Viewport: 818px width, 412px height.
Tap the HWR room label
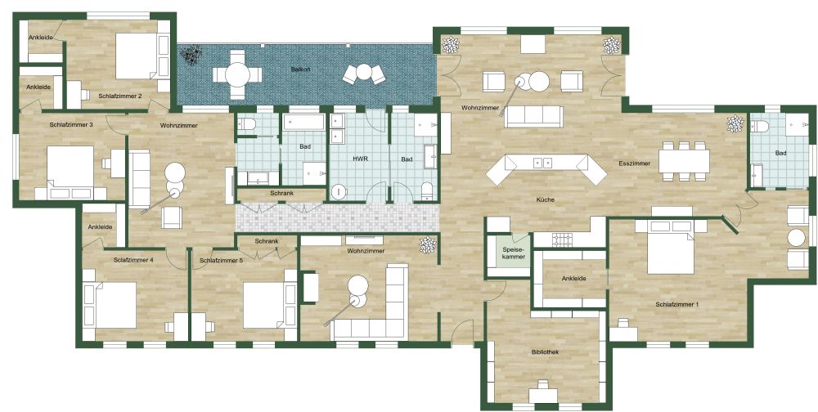click(x=359, y=158)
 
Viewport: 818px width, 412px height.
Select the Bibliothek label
click(x=545, y=352)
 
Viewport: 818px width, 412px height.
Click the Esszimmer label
click(x=634, y=163)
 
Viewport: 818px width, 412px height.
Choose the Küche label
click(x=546, y=199)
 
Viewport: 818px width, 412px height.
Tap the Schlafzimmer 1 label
click(x=677, y=304)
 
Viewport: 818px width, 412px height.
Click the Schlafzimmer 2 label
click(x=120, y=96)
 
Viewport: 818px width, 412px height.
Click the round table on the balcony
click(x=237, y=74)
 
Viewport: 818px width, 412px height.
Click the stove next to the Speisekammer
click(x=563, y=240)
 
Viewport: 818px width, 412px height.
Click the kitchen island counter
click(x=540, y=167)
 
